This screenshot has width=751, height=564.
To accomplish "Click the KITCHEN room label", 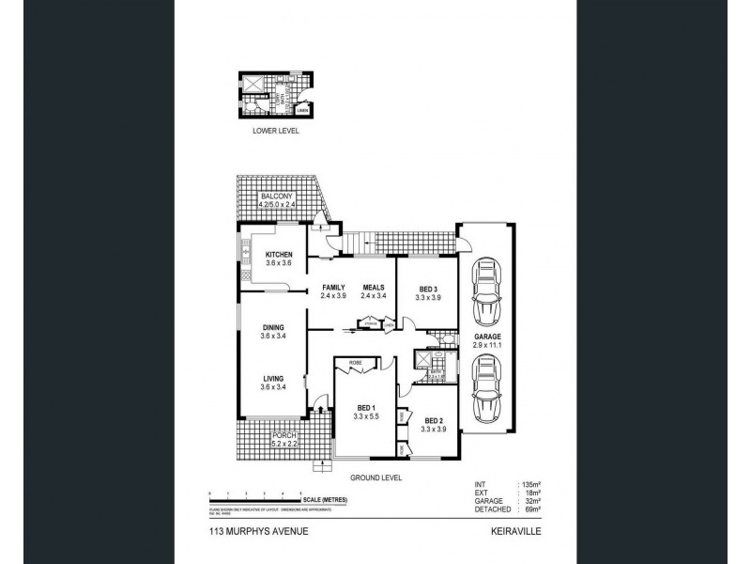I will pos(279,256).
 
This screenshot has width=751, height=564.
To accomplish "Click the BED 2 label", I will pos(433,420).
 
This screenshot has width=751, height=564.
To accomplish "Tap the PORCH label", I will pos(284,436).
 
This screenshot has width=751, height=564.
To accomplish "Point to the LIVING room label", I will pos(273,378).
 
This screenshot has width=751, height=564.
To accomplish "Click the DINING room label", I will pos(273,327).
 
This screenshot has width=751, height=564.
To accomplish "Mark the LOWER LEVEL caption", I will pos(276,132).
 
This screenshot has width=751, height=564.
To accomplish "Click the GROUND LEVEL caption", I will pos(376,478).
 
